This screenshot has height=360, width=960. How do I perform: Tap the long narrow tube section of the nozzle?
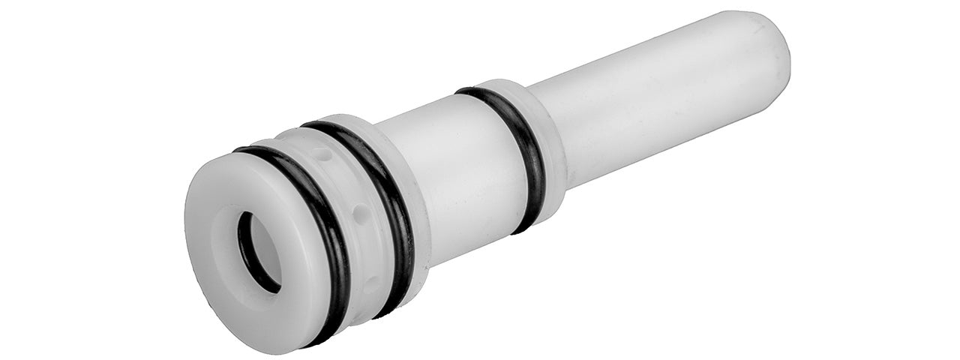(x=660, y=112)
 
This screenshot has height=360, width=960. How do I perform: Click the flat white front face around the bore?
(x=225, y=300)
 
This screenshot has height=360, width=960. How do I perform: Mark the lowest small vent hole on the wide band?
(x=371, y=285)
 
